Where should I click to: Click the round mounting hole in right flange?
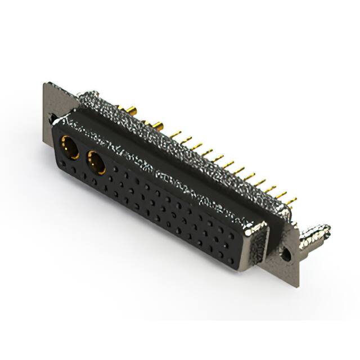(x=286, y=254)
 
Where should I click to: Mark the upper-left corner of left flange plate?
(x=45, y=84)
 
